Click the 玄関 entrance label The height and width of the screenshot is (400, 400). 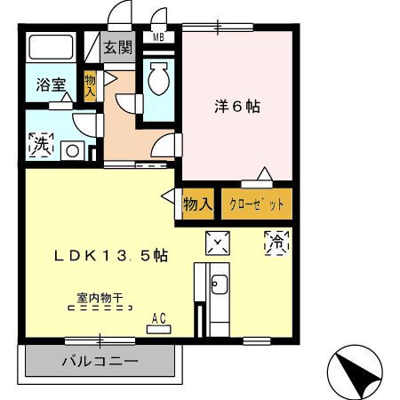click(x=117, y=47)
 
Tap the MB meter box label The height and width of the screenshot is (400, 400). click(x=158, y=37)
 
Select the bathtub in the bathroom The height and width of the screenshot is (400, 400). click(x=51, y=47)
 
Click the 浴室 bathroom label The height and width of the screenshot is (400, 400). click(x=51, y=84)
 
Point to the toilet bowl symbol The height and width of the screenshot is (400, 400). click(x=158, y=78)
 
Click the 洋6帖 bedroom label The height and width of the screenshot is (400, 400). click(x=237, y=107)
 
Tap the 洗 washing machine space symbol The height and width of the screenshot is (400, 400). click(x=41, y=144)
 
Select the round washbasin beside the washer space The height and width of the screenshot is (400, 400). click(x=73, y=151)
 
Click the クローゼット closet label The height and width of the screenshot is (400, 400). click(x=257, y=204)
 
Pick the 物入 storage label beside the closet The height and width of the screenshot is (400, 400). click(x=198, y=204)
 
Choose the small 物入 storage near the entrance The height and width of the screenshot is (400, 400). click(x=90, y=86)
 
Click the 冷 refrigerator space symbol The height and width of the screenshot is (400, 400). click(x=276, y=243)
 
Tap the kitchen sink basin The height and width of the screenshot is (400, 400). click(x=220, y=284)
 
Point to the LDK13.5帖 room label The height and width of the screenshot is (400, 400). click(x=111, y=256)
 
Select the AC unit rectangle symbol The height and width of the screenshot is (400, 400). click(x=159, y=330)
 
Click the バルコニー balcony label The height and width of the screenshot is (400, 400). click(x=100, y=361)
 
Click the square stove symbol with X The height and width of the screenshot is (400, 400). click(x=218, y=243)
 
